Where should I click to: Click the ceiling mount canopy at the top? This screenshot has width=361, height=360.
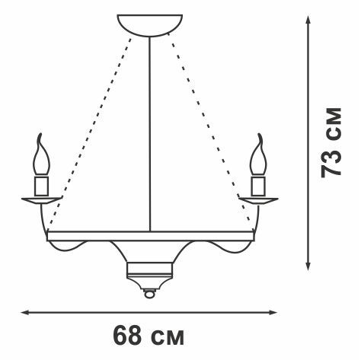click(150, 25)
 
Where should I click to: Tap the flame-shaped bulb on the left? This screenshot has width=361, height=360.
click(41, 155)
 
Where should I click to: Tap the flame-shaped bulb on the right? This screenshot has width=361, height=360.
click(258, 155)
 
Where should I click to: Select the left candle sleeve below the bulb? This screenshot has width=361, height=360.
click(42, 186)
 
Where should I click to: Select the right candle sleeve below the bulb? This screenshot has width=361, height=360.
click(258, 186)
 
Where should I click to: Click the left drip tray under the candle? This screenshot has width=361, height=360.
click(42, 200)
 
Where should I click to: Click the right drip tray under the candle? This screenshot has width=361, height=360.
click(258, 200)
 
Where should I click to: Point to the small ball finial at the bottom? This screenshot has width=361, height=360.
click(149, 294)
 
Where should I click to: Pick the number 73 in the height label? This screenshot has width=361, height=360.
click(331, 164)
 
